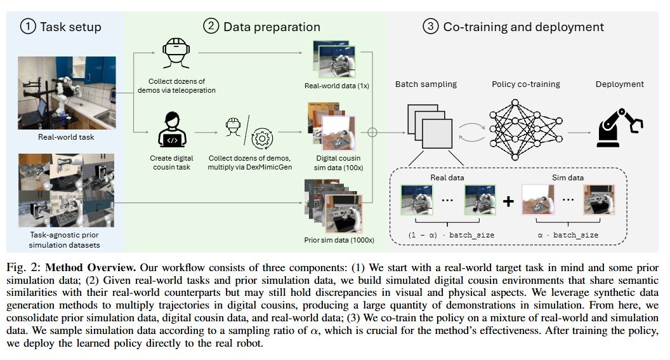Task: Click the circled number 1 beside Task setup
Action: coord(28,27)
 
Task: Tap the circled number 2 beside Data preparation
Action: coord(210,27)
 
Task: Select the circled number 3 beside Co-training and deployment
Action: coord(431,27)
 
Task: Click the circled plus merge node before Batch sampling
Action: coord(372,133)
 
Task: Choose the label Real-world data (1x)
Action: coord(329,86)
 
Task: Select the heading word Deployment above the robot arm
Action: coord(619,84)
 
